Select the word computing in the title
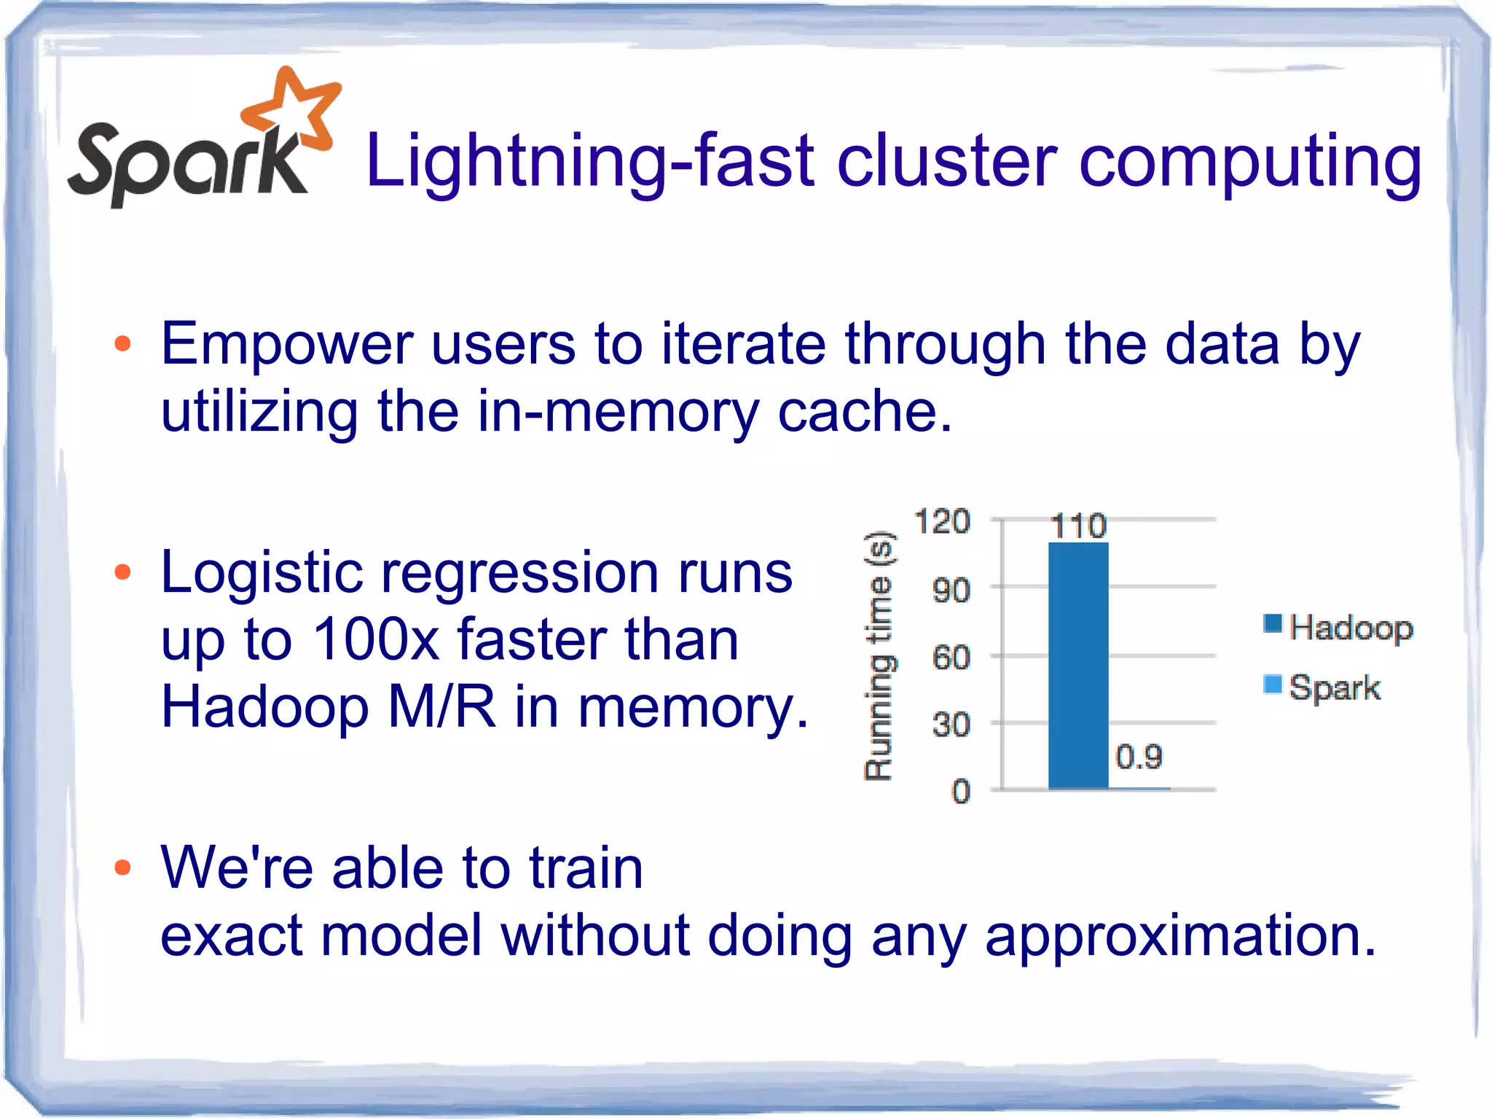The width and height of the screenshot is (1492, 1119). pyautogui.click(x=1249, y=164)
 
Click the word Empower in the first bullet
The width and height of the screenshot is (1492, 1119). pyautogui.click(x=287, y=344)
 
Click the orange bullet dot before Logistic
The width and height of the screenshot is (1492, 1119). pyautogui.click(x=122, y=572)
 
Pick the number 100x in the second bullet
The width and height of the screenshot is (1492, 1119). pyautogui.click(x=375, y=640)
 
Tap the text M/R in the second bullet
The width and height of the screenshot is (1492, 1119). pyautogui.click(x=441, y=706)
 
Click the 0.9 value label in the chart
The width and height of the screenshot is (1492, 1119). pyautogui.click(x=1139, y=757)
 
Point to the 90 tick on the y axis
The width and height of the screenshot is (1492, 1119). pyautogui.click(x=951, y=590)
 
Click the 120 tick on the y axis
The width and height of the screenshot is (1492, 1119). pyautogui.click(x=942, y=522)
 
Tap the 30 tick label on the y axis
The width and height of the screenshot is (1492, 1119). pyautogui.click(x=951, y=725)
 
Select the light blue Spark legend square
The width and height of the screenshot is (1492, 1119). pyautogui.click(x=1273, y=685)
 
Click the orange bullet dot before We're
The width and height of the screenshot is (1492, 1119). pyautogui.click(x=122, y=867)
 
